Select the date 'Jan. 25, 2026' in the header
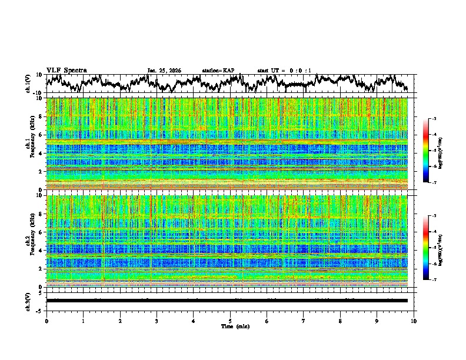(164, 71)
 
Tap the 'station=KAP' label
(218, 71)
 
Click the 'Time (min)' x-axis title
(235, 326)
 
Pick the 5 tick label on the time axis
(230, 321)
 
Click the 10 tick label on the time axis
(414, 321)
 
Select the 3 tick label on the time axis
(157, 321)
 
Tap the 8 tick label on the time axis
(340, 321)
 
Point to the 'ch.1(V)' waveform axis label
(28, 84)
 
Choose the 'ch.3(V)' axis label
(28, 300)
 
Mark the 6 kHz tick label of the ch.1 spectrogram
(41, 135)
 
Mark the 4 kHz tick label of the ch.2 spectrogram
(41, 251)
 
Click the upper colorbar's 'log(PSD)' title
(448, 151)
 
